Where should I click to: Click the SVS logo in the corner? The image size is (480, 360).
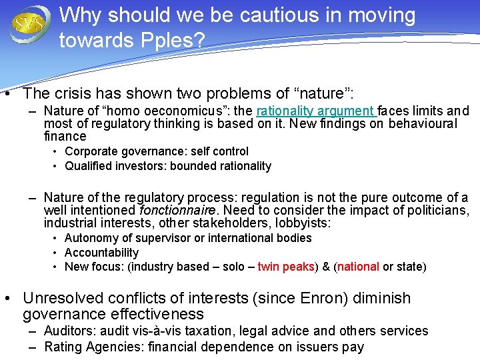(30, 24)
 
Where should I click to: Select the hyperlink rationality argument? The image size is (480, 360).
(316, 111)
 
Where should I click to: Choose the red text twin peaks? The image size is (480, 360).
(286, 267)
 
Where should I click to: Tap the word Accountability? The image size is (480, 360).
(101, 253)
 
